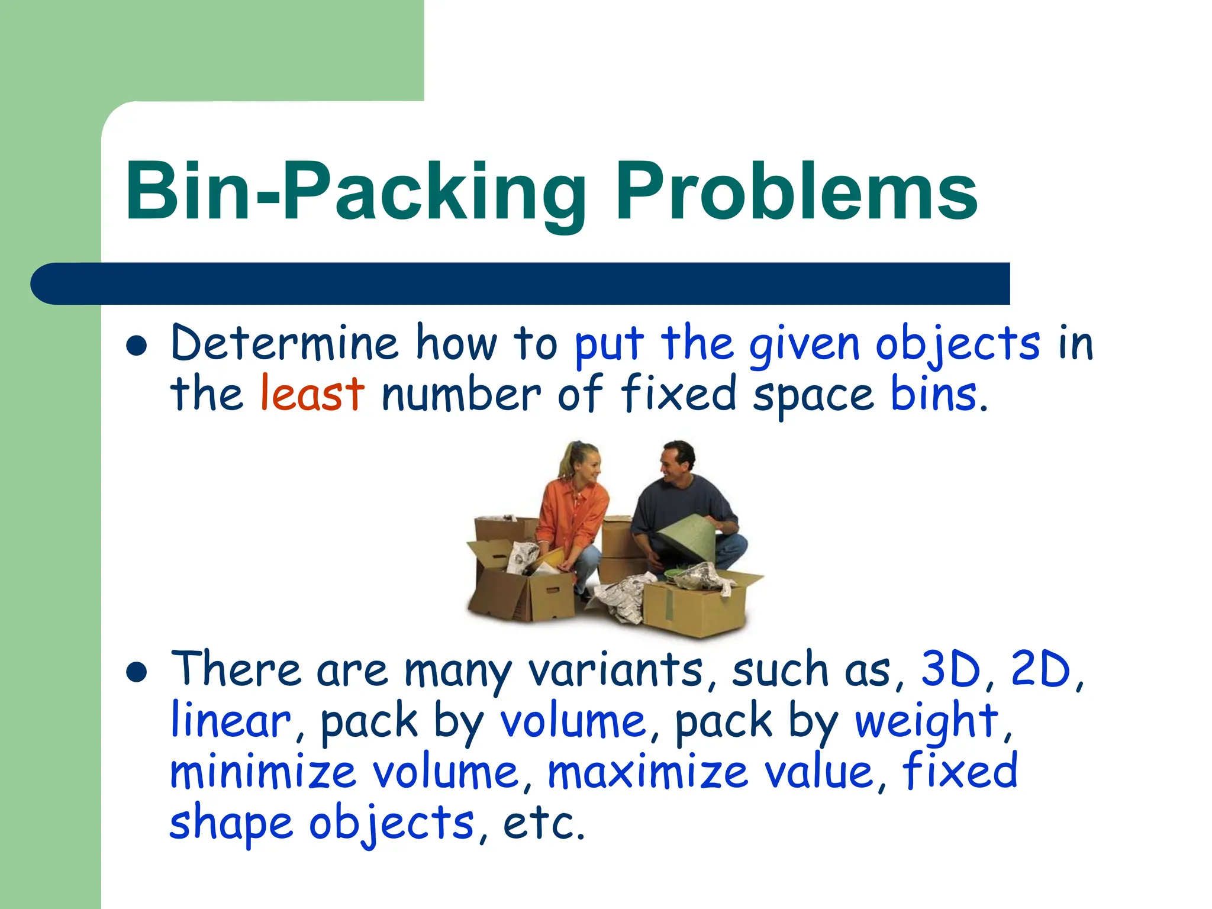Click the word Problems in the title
tap(796, 192)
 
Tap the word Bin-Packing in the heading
tap(355, 192)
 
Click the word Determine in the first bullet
tap(284, 343)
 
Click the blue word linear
tap(230, 721)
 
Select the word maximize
tap(648, 772)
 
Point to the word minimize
tap(263, 772)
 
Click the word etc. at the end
tap(543, 824)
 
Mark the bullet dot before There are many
tap(137, 673)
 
